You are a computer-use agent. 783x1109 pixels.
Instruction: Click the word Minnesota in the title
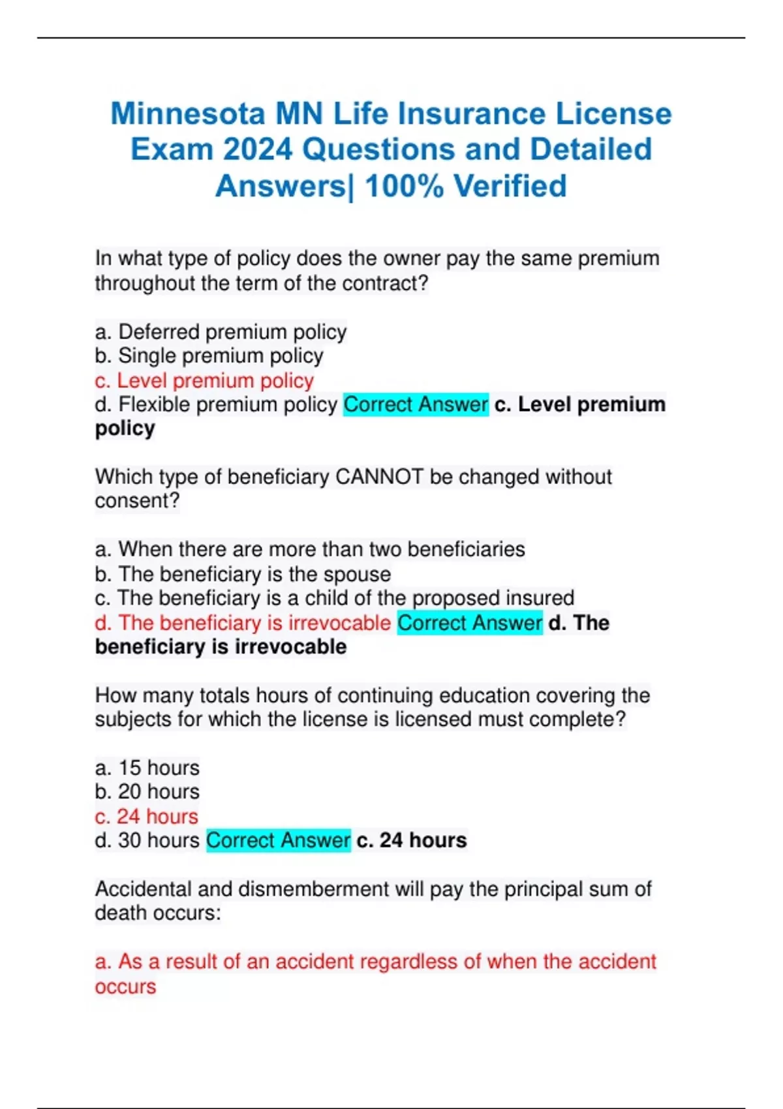(x=188, y=114)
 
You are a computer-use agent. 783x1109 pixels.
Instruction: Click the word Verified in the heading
(x=510, y=187)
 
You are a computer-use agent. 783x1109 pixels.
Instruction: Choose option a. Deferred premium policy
(x=221, y=332)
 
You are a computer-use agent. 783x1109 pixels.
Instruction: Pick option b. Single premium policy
(x=209, y=356)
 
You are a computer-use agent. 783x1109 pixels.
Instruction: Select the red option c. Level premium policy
(x=204, y=380)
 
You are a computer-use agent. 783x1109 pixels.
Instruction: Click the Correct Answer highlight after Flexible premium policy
(x=416, y=404)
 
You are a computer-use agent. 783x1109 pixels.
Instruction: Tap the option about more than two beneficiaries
(x=310, y=549)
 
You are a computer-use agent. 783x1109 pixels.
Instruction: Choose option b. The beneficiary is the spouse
(x=243, y=574)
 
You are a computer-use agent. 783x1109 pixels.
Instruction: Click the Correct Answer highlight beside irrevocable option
(x=470, y=623)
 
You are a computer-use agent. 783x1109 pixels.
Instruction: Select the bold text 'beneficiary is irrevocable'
(x=221, y=647)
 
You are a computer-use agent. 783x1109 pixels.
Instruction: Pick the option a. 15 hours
(x=147, y=768)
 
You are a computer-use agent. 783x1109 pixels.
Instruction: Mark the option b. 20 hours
(x=147, y=792)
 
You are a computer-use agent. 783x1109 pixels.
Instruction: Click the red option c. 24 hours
(x=147, y=816)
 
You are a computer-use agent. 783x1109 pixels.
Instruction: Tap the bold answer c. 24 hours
(x=412, y=840)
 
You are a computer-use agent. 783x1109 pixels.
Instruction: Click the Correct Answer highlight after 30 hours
(x=279, y=840)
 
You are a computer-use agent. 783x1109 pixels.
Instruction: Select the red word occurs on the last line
(x=125, y=986)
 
